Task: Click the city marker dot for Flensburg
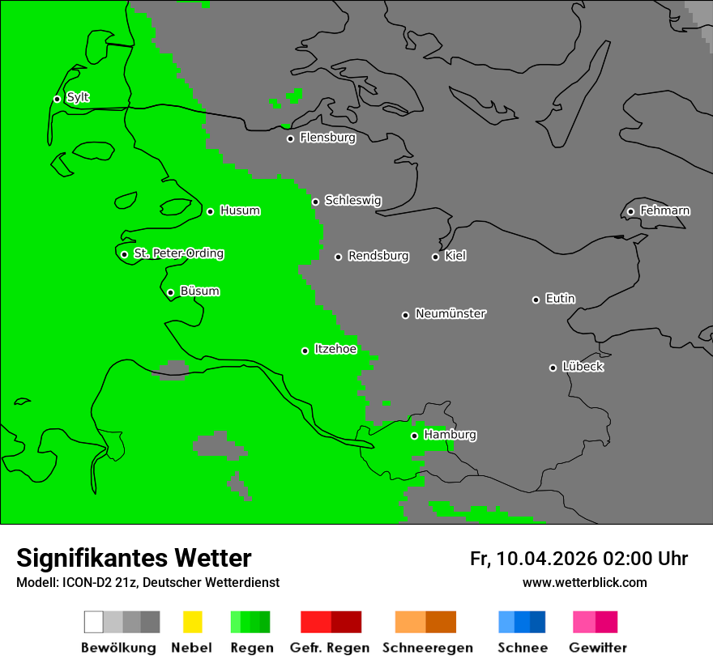[290, 138]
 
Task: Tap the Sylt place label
[78, 97]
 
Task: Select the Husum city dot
[210, 211]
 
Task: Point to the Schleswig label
[352, 200]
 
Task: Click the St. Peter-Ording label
[178, 253]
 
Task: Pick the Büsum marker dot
[170, 292]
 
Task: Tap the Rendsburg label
[378, 256]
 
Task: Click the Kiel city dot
[435, 257]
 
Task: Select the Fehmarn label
[664, 211]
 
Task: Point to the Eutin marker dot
[536, 300]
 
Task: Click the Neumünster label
[450, 313]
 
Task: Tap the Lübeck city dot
[553, 368]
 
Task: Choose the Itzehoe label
[335, 349]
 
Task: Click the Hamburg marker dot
[414, 436]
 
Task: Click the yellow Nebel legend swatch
[192, 622]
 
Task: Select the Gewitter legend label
[597, 648]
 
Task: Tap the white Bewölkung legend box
[94, 622]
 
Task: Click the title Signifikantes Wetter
[134, 559]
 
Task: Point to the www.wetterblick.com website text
[584, 582]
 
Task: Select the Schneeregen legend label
[427, 648]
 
